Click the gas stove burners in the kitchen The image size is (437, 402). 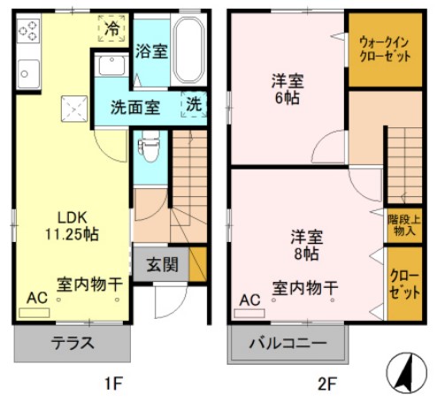click(28, 31)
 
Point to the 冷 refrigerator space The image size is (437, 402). click(112, 29)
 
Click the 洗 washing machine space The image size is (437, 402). click(193, 103)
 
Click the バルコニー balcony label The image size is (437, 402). click(287, 344)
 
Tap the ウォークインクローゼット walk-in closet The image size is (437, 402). click(383, 49)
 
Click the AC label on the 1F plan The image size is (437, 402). click(37, 298)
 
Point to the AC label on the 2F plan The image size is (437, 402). click(249, 300)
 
